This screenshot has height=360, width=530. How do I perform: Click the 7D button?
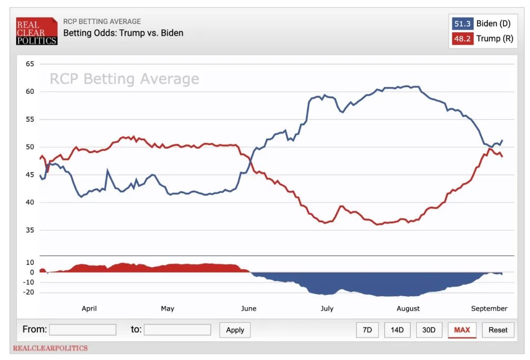(x=367, y=330)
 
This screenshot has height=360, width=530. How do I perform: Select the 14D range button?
(x=397, y=330)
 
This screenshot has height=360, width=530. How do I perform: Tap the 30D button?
(x=429, y=330)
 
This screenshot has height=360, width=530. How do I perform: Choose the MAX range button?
(x=462, y=330)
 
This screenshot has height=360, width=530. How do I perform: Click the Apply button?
(x=235, y=330)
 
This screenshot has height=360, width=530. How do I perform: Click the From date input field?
(x=82, y=330)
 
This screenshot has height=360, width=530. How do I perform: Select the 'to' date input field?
(x=177, y=330)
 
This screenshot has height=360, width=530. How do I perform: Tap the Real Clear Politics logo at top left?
(x=37, y=31)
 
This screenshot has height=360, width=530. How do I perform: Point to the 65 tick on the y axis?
(x=30, y=64)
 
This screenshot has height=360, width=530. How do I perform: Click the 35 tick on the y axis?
(x=30, y=230)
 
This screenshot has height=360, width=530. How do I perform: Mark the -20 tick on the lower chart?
(x=29, y=292)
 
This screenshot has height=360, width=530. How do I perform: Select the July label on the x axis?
(x=327, y=309)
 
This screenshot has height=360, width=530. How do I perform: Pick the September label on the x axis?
(x=489, y=309)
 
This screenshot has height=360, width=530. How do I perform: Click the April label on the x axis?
(x=89, y=309)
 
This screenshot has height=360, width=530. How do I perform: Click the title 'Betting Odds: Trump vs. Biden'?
(x=123, y=33)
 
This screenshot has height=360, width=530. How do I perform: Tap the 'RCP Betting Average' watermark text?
(x=124, y=79)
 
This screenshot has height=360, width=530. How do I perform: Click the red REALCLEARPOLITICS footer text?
(x=50, y=348)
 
